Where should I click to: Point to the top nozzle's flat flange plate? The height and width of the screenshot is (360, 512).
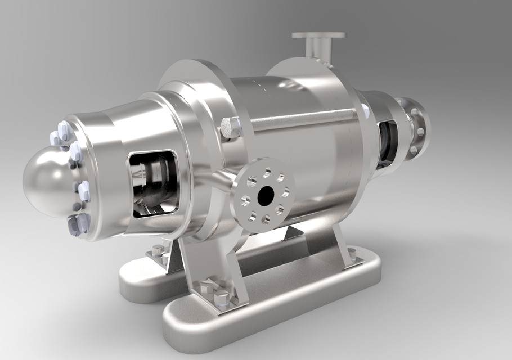pos(318,35)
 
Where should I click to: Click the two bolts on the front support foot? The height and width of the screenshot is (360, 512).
pos(214,292)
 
